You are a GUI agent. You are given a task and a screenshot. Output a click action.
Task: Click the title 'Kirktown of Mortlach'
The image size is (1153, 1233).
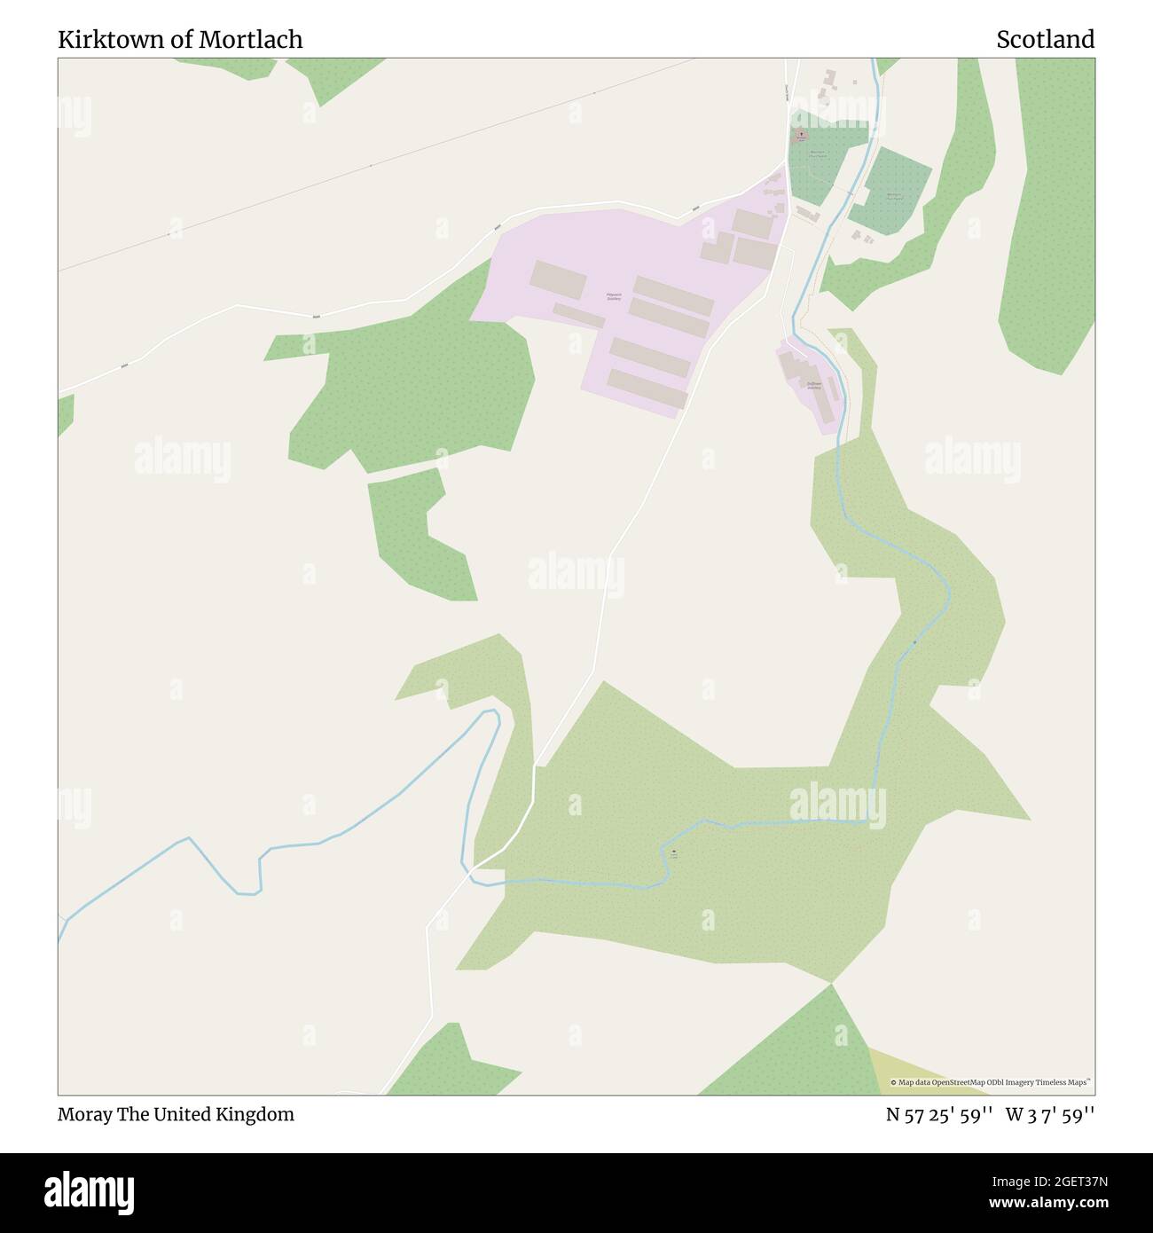tap(180, 40)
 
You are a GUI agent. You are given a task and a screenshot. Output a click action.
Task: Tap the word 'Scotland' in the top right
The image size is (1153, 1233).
tap(1045, 40)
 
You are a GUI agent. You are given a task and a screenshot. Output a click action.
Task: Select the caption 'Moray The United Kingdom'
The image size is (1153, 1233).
tap(176, 1114)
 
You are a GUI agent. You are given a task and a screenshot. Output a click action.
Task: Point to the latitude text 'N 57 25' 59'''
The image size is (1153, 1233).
tap(938, 1114)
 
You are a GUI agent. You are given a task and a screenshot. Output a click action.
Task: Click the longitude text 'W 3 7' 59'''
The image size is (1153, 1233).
tap(1050, 1114)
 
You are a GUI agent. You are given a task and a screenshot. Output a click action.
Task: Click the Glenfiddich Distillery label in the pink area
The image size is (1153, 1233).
tap(614, 297)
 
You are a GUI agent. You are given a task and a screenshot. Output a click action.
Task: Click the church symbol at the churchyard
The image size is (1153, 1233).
tap(801, 136)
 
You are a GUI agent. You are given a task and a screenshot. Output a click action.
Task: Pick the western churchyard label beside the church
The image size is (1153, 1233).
tap(818, 153)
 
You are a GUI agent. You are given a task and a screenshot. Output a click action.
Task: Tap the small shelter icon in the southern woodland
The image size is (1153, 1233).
tap(673, 852)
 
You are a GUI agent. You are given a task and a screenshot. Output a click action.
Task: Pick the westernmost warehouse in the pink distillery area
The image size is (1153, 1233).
tap(558, 280)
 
